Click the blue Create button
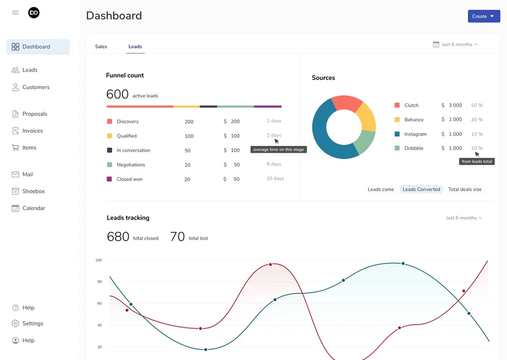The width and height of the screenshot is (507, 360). tap(483, 16)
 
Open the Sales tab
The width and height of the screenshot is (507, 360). tap(101, 47)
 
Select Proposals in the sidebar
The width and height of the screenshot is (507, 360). tap(35, 114)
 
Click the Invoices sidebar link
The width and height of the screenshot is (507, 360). tap(33, 131)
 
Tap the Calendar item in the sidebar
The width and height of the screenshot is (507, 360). tap(34, 208)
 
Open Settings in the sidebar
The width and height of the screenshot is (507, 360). tap(33, 324)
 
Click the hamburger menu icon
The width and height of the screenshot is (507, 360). tap(15, 12)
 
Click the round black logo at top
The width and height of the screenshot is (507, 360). tap(34, 12)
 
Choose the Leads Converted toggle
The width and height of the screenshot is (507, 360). tap(421, 189)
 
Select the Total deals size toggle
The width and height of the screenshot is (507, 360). tap(465, 189)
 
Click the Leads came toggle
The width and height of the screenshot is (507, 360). tap(381, 189)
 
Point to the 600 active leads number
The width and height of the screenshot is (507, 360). tap(117, 94)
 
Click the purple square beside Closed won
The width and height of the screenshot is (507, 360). tap(110, 179)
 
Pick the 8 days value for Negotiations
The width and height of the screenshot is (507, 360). tap(274, 164)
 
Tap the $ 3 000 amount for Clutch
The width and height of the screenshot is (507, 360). tap(452, 105)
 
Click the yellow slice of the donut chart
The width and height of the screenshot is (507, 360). tap(367, 117)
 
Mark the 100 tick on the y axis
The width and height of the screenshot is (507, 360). tap(99, 260)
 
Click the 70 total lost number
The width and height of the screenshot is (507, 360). tap(177, 236)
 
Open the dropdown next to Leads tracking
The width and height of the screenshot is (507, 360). tap(464, 218)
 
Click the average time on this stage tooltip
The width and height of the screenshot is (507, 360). tap(279, 150)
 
